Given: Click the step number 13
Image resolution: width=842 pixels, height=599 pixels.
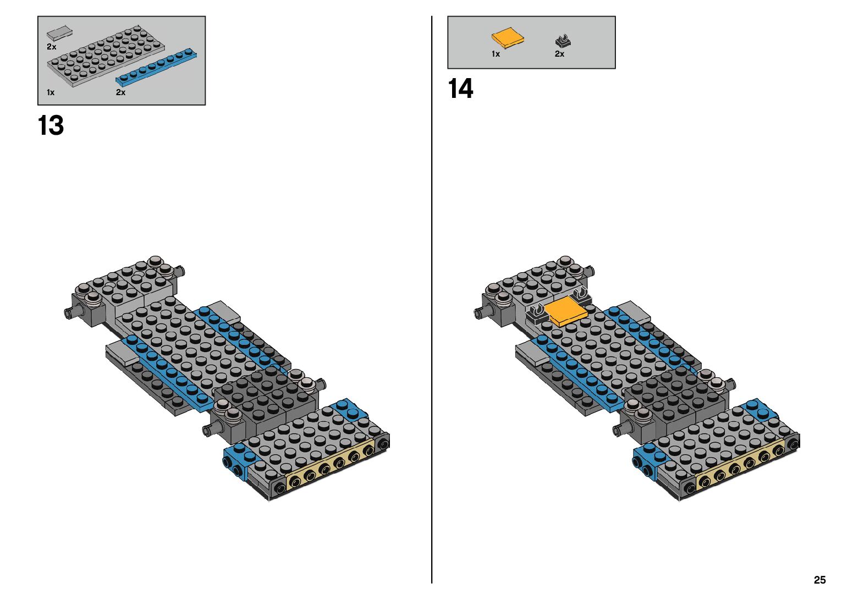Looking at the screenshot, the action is coord(51,126).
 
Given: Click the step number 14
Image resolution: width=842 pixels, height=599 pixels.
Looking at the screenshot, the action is coord(460,89).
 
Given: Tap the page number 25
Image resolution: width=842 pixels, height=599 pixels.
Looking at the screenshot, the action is coord(819,580).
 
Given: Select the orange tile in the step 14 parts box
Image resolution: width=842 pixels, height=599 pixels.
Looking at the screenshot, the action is coord(507,39).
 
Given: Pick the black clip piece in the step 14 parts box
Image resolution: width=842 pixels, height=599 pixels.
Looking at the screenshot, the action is coord(563,41).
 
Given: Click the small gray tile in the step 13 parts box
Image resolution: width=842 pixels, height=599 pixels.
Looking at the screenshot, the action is coord(59,33).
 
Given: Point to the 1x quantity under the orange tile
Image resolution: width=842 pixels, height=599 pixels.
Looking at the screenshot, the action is coord(496,54).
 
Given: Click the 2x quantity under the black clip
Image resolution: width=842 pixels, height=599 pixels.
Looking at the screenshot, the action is coord(559,54).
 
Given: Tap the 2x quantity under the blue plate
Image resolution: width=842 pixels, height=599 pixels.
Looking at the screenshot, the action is coord(120,92).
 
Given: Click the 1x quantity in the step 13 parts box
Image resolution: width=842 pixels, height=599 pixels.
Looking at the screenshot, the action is coord(51,92).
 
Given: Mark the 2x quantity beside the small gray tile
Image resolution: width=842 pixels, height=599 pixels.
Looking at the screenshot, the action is coord(51,47).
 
